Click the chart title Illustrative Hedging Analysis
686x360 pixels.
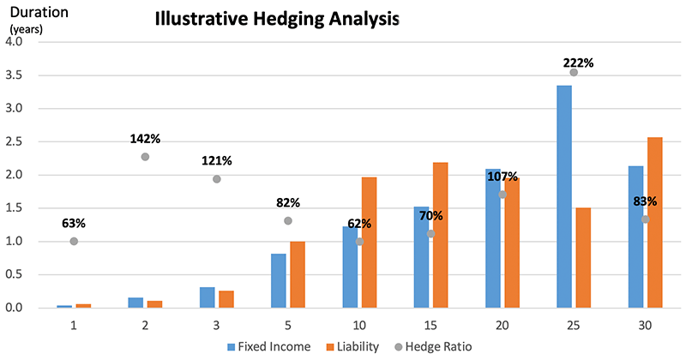(x=277, y=20)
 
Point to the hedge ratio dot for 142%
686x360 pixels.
(x=145, y=157)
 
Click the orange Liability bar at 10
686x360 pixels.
(x=369, y=243)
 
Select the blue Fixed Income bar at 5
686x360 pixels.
(x=278, y=280)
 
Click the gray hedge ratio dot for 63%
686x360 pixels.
(x=74, y=242)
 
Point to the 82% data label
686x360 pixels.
(x=287, y=202)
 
